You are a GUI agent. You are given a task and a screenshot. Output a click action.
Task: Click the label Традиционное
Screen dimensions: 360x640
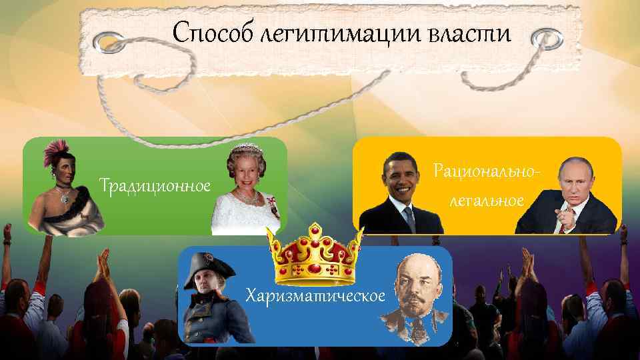pos(155,184)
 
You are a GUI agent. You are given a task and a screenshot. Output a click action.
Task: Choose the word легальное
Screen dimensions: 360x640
pos(485,200)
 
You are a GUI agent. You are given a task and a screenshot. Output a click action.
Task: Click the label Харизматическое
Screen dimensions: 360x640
pos(315,294)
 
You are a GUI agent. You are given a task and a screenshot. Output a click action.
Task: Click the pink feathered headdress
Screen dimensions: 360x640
pos(53,154)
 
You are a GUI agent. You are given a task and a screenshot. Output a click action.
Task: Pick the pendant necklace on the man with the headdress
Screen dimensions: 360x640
pos(64,197)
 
